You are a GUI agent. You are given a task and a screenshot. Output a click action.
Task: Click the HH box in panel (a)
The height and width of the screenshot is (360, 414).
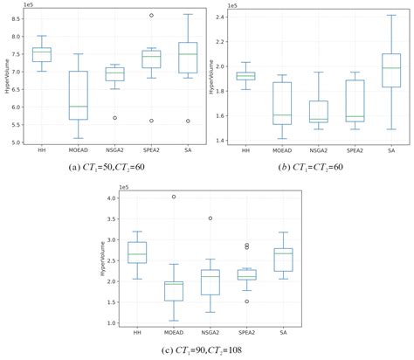(x=41, y=54)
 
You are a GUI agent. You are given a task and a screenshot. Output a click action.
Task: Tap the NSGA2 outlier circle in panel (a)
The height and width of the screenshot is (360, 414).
(x=114, y=118)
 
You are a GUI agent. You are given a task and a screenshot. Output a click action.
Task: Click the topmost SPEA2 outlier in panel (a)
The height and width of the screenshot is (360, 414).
(x=151, y=15)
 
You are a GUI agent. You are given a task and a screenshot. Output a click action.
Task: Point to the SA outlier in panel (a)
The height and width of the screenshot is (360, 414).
(x=188, y=121)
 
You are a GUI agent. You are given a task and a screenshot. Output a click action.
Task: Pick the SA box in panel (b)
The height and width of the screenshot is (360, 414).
(x=391, y=71)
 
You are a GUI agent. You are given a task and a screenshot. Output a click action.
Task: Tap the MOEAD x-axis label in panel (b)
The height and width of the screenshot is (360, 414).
(x=281, y=150)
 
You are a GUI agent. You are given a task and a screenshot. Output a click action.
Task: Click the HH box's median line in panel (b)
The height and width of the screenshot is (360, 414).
(x=245, y=76)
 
